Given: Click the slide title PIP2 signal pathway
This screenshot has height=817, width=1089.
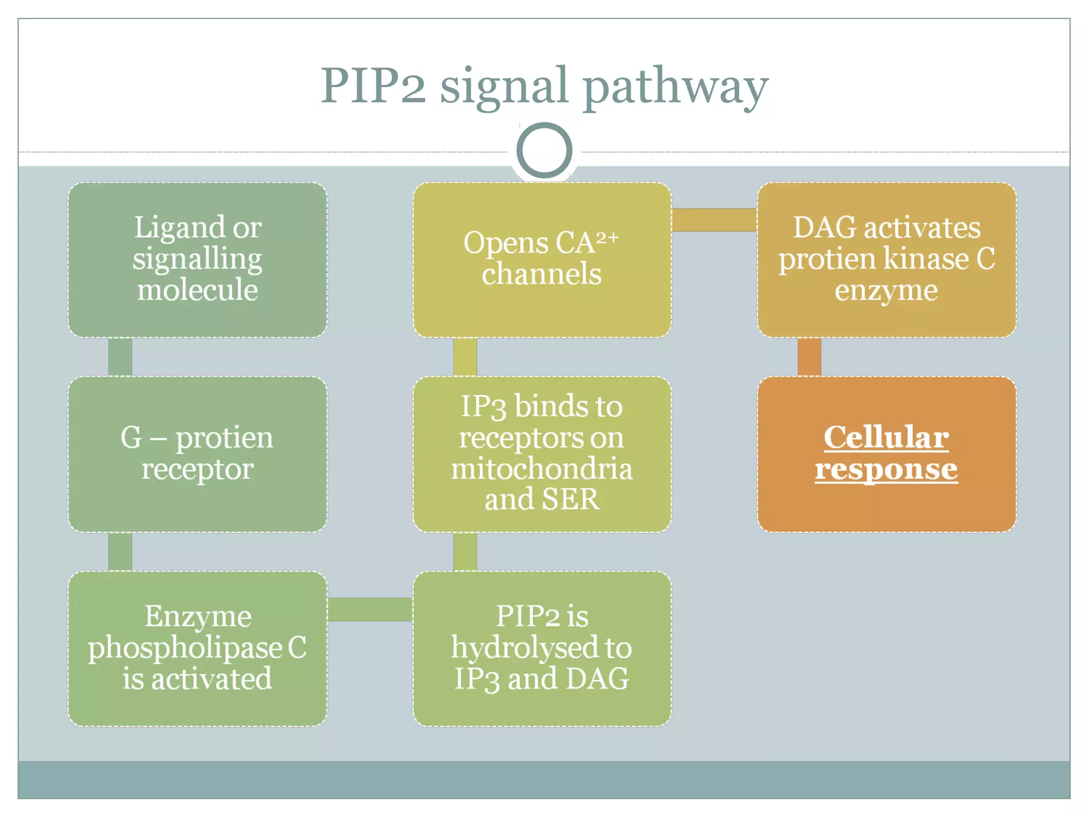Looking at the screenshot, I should [x=544, y=86].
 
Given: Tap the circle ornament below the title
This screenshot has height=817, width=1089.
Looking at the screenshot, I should [x=544, y=150].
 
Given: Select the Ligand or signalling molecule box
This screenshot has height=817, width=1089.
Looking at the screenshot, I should [x=197, y=259].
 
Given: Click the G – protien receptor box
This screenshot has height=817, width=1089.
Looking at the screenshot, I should [x=197, y=453].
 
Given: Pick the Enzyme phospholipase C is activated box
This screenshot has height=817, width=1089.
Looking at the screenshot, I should [x=197, y=648].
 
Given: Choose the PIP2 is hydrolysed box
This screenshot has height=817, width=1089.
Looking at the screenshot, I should [x=542, y=648].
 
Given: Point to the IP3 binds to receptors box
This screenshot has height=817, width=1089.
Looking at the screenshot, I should [x=542, y=453].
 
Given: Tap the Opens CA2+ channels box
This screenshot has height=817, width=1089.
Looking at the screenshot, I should [x=542, y=259].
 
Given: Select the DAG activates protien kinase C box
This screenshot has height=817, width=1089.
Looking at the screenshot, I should [x=886, y=259].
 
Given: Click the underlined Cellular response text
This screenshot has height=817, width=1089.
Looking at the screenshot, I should [x=886, y=453].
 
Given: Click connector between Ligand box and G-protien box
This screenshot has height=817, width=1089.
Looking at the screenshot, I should [x=120, y=357].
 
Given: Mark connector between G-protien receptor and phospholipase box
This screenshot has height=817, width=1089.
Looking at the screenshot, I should [x=120, y=552].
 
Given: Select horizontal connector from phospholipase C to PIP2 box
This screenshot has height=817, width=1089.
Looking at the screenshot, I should [x=370, y=609].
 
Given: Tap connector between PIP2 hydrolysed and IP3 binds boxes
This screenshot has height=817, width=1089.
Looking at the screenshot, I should [x=465, y=552].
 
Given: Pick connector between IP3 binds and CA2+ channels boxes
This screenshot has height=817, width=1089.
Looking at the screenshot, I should [x=465, y=357].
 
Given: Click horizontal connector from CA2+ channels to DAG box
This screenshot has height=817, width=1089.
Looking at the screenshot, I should [x=714, y=220].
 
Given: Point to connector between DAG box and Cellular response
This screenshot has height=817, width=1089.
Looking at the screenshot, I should [x=809, y=357].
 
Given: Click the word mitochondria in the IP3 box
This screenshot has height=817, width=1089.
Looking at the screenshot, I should [x=542, y=469].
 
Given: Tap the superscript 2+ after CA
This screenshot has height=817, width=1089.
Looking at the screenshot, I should [x=607, y=237].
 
